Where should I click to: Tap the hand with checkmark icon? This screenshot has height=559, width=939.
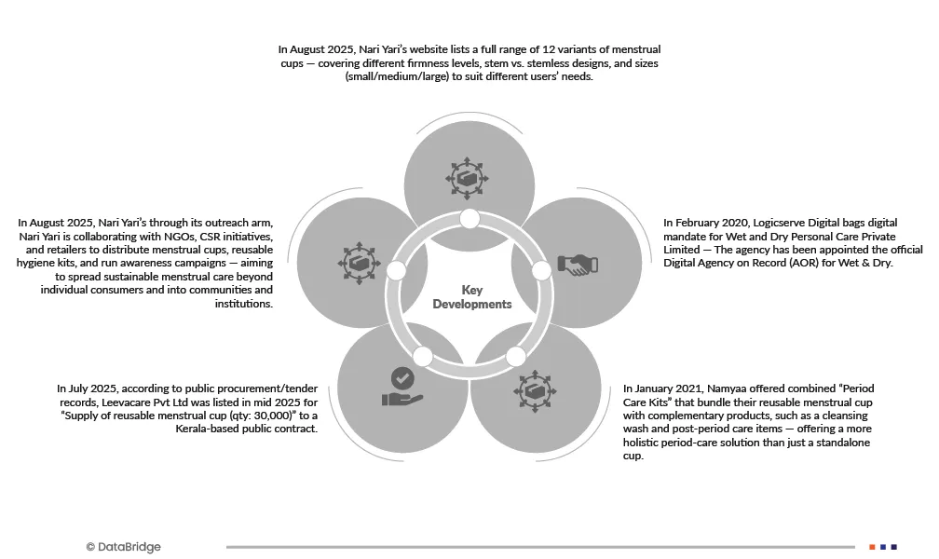click(x=402, y=387)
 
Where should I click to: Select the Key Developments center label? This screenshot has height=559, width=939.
click(x=472, y=297)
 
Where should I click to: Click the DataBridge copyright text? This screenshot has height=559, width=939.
click(x=123, y=547)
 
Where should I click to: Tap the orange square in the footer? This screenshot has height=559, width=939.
click(x=872, y=547)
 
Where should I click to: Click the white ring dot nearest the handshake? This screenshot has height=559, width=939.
click(x=543, y=270)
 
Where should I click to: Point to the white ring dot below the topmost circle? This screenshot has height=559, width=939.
click(x=469, y=219)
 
